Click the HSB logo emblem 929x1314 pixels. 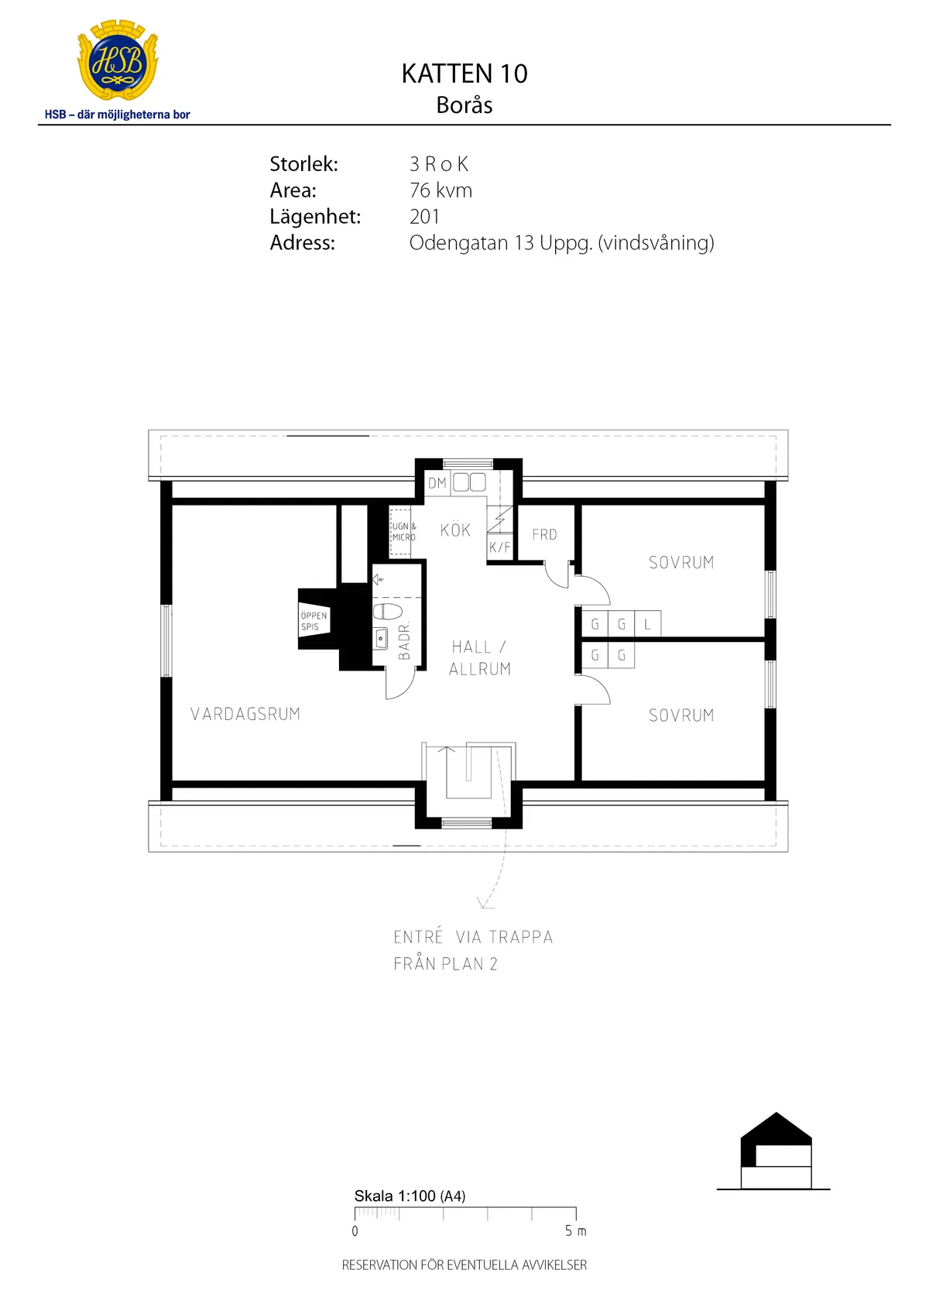coord(118,60)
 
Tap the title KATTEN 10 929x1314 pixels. coord(464,74)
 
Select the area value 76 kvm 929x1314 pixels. coord(441,190)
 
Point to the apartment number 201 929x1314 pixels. coord(424,217)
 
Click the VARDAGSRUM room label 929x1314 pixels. coord(245,714)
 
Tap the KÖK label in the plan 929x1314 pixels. coord(455,530)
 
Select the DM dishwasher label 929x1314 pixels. coord(437,483)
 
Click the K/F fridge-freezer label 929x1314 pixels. coord(499,547)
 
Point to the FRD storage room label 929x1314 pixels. coord(544,534)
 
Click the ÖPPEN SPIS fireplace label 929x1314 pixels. coord(314,621)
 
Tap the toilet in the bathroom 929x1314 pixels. coord(388,612)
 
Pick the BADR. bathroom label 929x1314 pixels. coord(404,640)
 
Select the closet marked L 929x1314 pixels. coord(647,623)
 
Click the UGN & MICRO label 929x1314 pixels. coord(403,532)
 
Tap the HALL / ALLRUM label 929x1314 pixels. coord(480,657)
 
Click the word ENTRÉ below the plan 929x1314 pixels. coord(417,936)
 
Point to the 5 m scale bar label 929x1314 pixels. coord(575,1230)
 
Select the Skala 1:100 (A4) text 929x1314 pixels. coord(410,1196)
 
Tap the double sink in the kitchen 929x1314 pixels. coord(469,482)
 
